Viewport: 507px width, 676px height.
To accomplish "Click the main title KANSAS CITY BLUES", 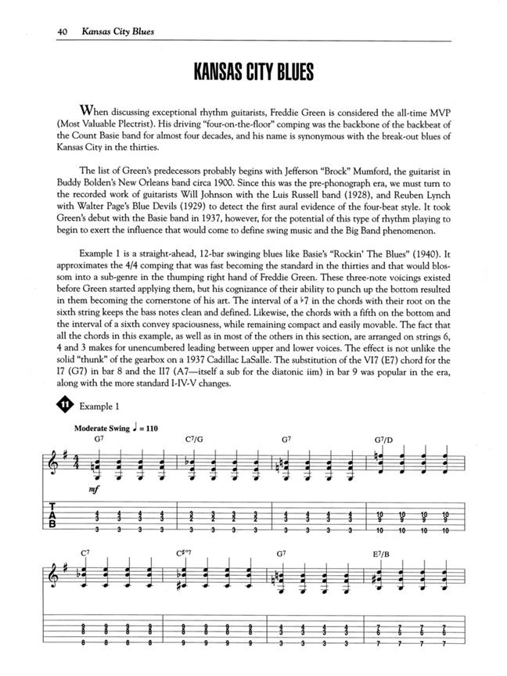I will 253,72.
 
